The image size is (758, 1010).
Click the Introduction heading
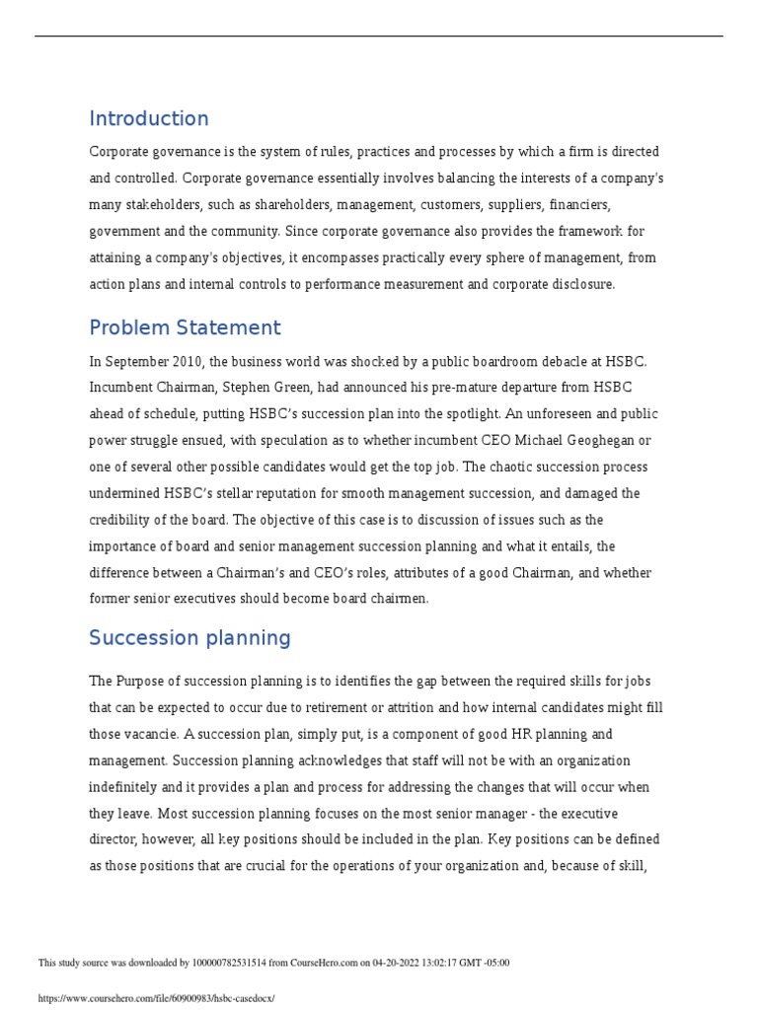tap(149, 119)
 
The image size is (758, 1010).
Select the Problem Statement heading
tap(185, 328)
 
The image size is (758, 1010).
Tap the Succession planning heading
tap(189, 638)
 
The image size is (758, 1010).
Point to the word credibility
tap(123, 520)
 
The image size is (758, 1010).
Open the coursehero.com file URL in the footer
tap(156, 998)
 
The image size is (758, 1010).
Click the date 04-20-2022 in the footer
tap(369, 963)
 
